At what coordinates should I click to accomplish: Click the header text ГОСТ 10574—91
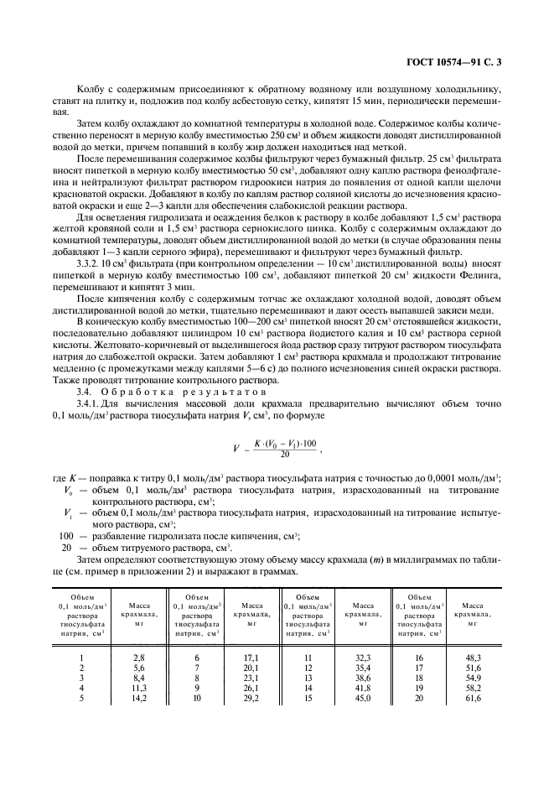[x=472, y=61]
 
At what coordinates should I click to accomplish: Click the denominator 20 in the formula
[x=287, y=454]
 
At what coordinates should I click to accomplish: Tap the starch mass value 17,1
[x=251, y=660]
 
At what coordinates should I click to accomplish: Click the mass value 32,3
[x=363, y=660]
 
